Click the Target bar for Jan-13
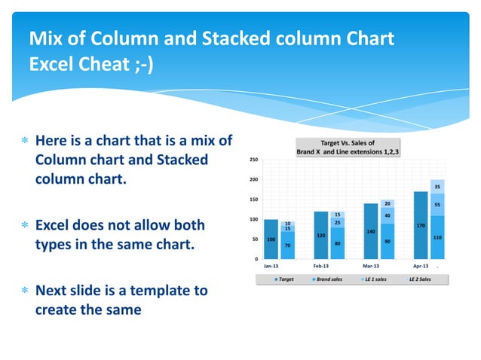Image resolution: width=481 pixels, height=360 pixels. click(271, 239)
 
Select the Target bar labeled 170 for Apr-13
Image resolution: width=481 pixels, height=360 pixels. click(420, 225)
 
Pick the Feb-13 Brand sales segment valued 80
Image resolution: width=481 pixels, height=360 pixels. click(338, 243)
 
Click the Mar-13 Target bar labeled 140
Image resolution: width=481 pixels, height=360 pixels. click(370, 231)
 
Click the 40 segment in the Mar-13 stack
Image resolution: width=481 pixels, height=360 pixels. click(388, 215)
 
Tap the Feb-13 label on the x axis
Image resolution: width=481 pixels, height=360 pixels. click(320, 266)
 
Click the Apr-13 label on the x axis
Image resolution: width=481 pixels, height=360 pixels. click(420, 266)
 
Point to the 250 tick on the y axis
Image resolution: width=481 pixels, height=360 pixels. click(254, 160)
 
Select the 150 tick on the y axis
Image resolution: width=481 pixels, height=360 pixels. click(254, 200)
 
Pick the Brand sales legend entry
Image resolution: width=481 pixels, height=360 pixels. click(326, 279)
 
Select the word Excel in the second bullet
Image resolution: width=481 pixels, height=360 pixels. click(56, 225)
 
